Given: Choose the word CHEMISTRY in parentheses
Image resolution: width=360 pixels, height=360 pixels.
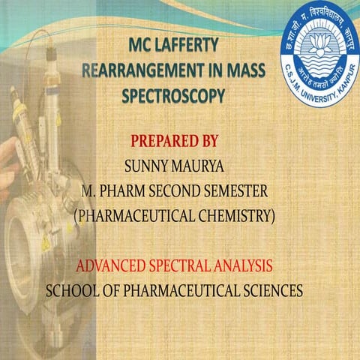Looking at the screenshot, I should [229, 216].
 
